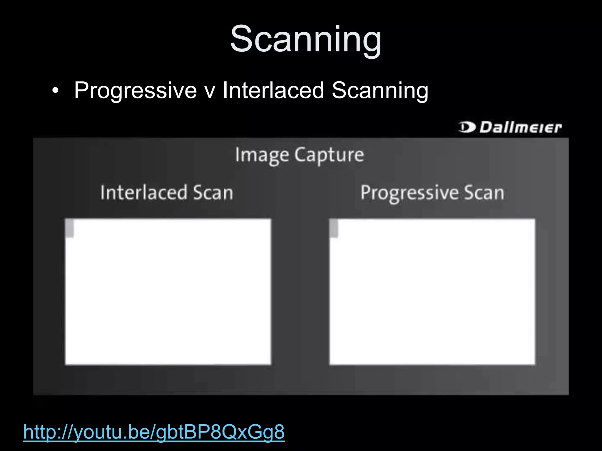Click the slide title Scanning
pyautogui.click(x=306, y=39)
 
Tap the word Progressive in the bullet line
pyautogui.click(x=135, y=91)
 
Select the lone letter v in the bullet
pyautogui.click(x=210, y=91)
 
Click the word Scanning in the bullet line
pyautogui.click(x=380, y=91)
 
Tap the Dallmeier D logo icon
pyautogui.click(x=466, y=127)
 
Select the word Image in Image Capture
pyautogui.click(x=262, y=155)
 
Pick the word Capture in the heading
pyautogui.click(x=329, y=155)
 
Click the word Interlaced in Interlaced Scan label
pyautogui.click(x=144, y=193)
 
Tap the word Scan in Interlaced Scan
pyautogui.click(x=213, y=193)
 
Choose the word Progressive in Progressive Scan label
pyautogui.click(x=409, y=193)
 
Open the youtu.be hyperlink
pyautogui.click(x=154, y=432)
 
